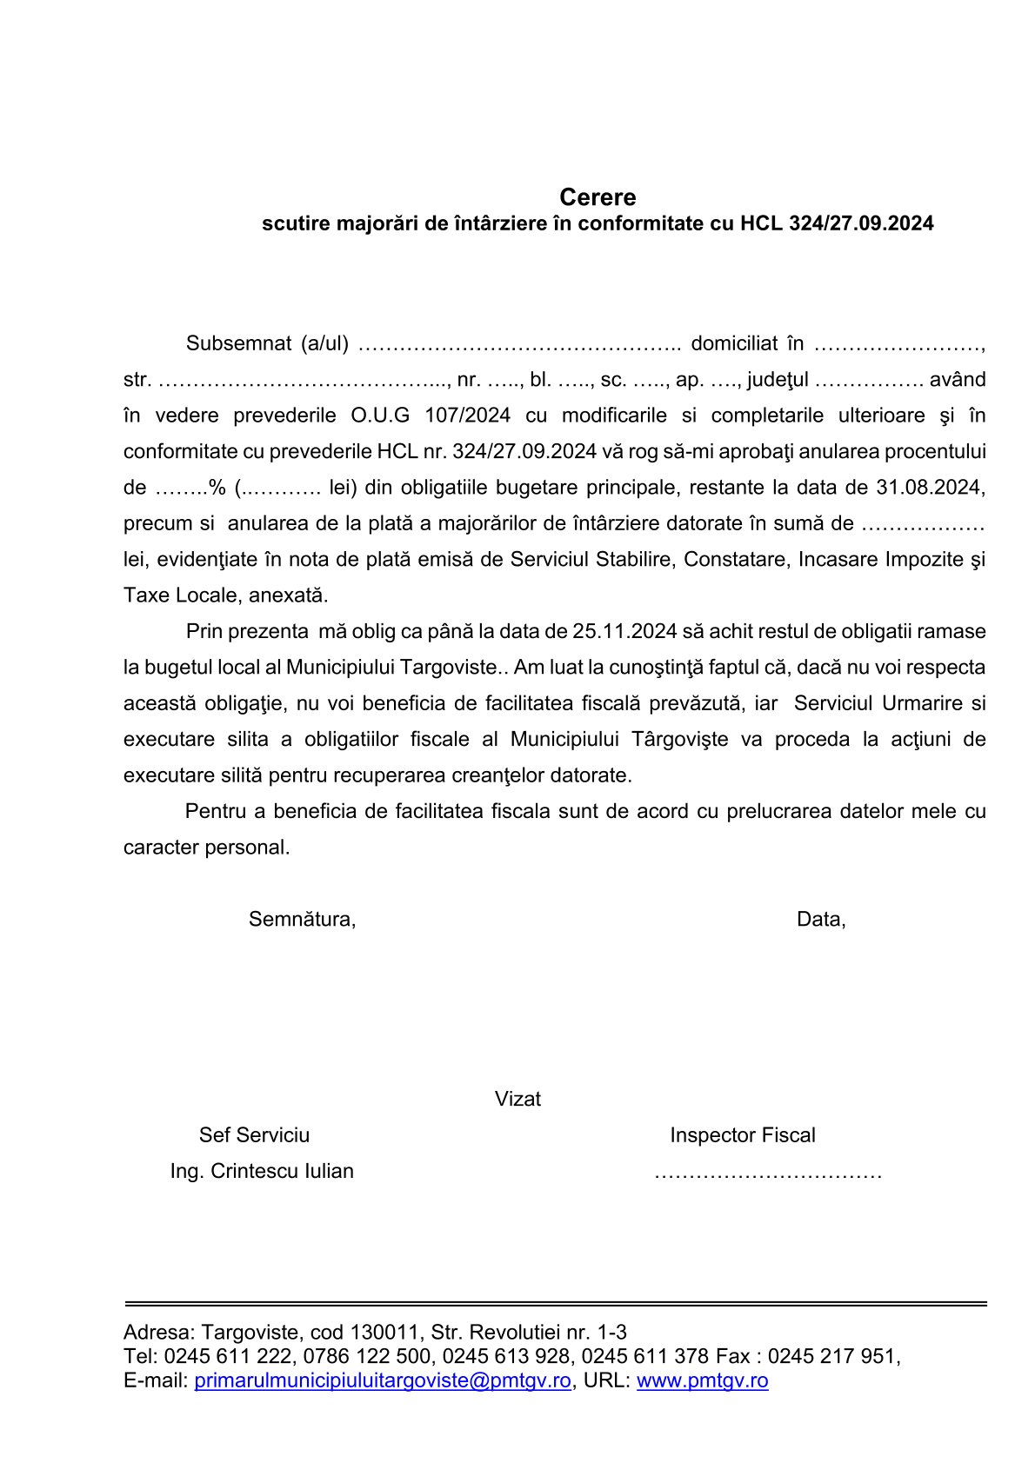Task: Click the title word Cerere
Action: tap(598, 196)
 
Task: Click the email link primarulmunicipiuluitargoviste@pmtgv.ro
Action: tap(383, 1380)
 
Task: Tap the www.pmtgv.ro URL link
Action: tap(702, 1380)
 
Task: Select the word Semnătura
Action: tap(302, 919)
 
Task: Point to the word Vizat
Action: tap(517, 1099)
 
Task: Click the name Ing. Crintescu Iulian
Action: tap(262, 1171)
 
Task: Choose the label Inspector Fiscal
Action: tap(742, 1135)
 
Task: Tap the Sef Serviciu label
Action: tap(254, 1135)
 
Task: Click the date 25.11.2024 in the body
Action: tap(624, 630)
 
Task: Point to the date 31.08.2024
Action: tap(929, 487)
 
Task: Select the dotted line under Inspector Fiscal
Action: tap(768, 1174)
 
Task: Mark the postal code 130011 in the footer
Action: tap(378, 1332)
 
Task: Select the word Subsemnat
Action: tap(238, 343)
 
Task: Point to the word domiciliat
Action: tap(733, 343)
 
